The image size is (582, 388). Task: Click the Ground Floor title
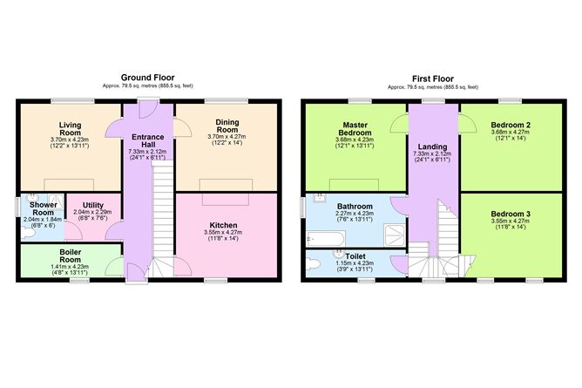coord(148,78)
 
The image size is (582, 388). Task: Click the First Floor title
coord(433,78)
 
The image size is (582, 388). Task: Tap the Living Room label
coord(71,129)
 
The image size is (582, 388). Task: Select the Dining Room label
coord(227,126)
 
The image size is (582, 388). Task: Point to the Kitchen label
coord(223,225)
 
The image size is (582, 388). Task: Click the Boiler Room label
coord(71,255)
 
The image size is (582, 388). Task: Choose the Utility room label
coord(93,205)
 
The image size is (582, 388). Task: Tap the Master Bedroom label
coord(355,129)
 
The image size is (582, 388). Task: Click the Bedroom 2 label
coord(511,126)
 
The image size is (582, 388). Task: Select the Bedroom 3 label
coord(511,214)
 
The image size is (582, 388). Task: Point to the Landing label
coord(432,146)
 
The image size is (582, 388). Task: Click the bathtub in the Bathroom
coord(326,239)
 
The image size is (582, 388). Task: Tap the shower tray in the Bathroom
coord(394,235)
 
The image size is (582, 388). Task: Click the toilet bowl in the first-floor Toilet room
coord(314,264)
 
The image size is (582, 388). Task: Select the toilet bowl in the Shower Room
coord(28,233)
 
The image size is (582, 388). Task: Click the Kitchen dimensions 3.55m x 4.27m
coord(223,233)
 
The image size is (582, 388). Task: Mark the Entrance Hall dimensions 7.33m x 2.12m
coord(147,152)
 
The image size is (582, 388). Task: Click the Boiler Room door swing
coord(114,266)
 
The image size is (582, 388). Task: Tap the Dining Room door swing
coord(182,127)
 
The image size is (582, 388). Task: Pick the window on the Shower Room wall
coord(17,207)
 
